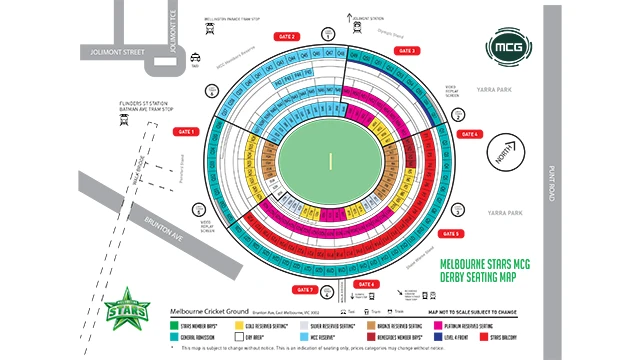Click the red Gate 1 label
186,132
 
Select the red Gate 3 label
407,51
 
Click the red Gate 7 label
305,290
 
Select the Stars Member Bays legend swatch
173,326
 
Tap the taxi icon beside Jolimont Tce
198,57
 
